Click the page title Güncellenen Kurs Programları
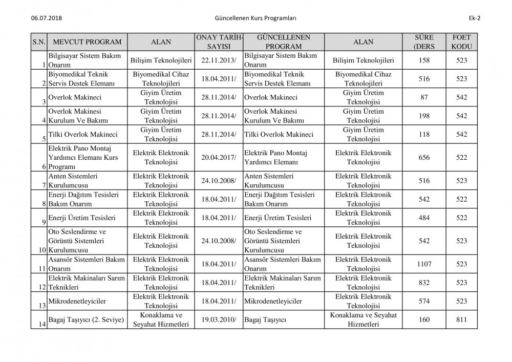(257, 18)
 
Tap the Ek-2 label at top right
(474, 18)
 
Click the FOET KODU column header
(462, 42)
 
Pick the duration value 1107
(424, 264)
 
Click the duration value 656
(424, 157)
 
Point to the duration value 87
(424, 97)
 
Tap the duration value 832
(424, 282)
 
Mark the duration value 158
(424, 60)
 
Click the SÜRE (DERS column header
(424, 42)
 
